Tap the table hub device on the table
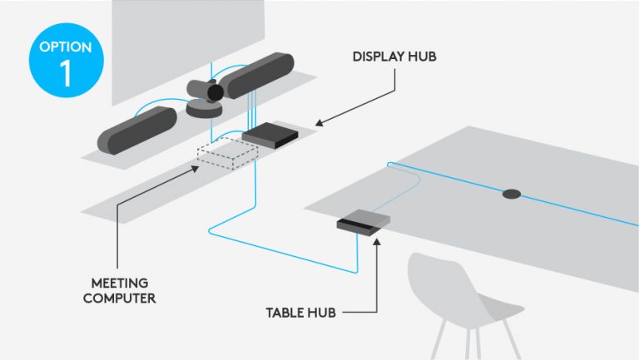coord(363,219)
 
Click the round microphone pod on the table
coord(511,195)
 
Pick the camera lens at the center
coord(215,91)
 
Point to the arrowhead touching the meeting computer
coord(196,166)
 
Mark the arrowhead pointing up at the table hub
coord(376,240)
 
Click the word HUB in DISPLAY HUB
coord(420,57)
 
